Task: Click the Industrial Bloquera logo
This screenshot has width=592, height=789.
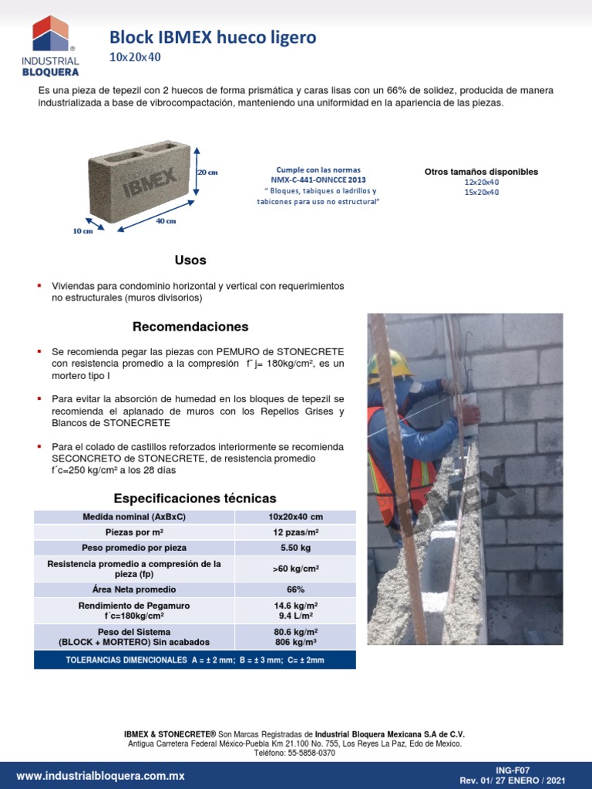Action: coord(50,46)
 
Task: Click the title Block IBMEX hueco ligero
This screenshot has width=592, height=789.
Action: coord(212,37)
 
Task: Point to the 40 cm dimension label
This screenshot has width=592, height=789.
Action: coord(166,221)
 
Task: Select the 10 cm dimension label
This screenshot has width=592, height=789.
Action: coord(82,230)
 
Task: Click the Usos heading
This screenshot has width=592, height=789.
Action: coord(190,260)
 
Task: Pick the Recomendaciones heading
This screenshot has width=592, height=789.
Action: coord(190,327)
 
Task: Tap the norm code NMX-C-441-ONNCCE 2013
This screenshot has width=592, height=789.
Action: coord(318,180)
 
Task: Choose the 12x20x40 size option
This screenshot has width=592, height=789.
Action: coord(481,182)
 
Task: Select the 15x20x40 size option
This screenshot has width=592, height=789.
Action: coord(481,192)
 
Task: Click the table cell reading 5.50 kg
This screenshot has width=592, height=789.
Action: coord(295,548)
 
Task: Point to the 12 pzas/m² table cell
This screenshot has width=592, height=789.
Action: coord(295,532)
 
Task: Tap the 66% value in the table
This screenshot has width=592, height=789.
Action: coord(295,589)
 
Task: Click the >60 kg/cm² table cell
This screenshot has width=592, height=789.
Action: coord(295,569)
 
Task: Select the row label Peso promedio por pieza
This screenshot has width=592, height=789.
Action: coord(134,548)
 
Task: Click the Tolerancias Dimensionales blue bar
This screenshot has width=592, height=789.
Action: coord(195,660)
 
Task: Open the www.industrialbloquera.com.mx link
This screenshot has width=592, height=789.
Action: coord(100,776)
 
